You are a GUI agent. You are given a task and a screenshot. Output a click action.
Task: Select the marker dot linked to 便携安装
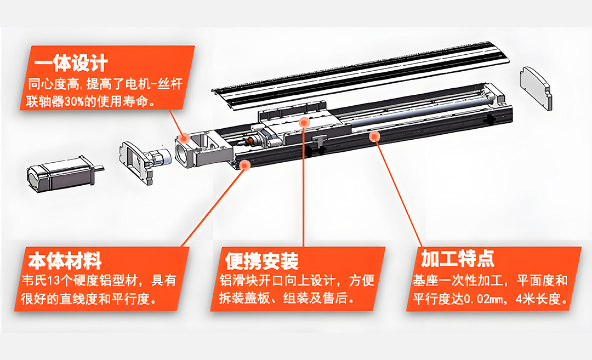pos(304,122)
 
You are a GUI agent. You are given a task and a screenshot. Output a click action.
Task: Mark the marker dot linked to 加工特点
pos(375,135)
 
